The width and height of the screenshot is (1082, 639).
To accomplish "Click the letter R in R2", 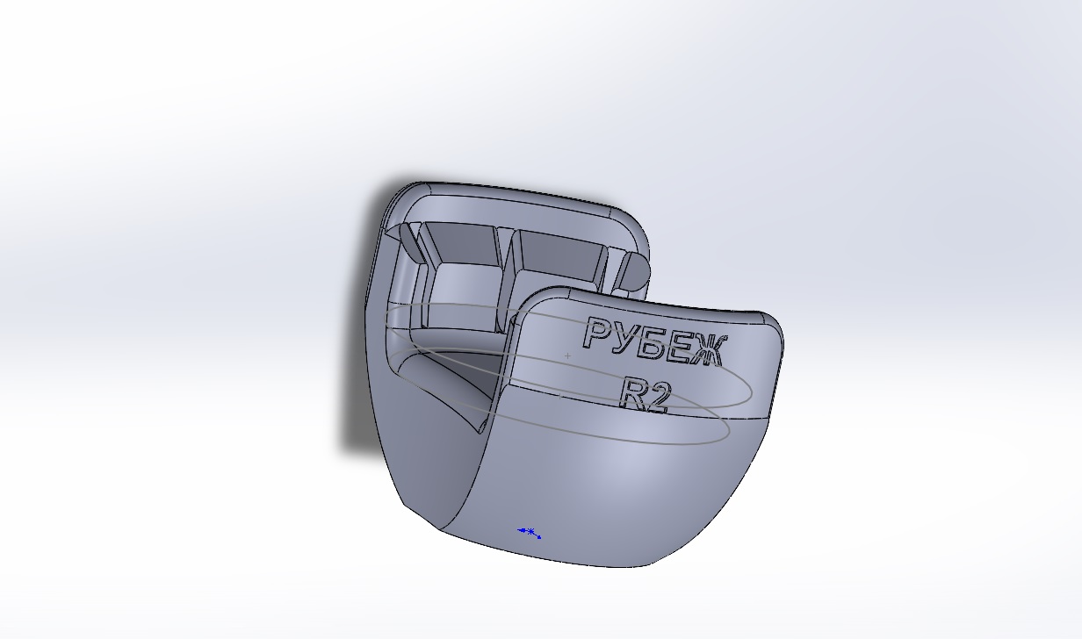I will (634, 392).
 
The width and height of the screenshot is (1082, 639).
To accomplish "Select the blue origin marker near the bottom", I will (530, 532).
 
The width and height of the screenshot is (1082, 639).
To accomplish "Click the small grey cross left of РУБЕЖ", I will (568, 355).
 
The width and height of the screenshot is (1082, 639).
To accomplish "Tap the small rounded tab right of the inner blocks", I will (632, 272).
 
